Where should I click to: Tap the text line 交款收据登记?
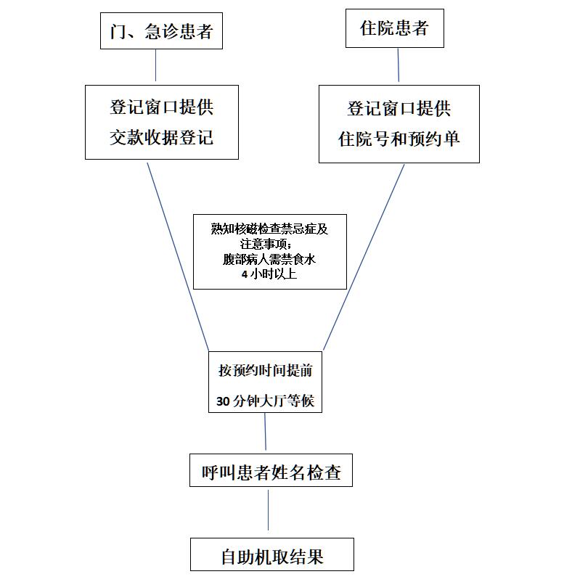[161, 138]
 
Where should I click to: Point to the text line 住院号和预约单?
[399, 139]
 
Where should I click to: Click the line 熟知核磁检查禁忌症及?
[269, 229]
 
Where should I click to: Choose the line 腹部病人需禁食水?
[269, 259]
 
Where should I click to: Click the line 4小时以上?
[269, 274]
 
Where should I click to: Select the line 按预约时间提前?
[266, 370]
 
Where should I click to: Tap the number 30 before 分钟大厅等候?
[224, 401]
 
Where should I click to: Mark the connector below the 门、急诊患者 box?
[155, 65]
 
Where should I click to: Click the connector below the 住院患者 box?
[399, 65]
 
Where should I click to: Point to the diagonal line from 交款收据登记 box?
[178, 257]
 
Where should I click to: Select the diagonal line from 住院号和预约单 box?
[364, 257]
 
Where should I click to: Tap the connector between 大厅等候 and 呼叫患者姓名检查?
[266, 432]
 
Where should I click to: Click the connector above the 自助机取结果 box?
[268, 510]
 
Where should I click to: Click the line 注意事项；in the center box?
[266, 245]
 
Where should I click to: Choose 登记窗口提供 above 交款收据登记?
[161, 107]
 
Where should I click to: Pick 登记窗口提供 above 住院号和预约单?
[399, 109]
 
